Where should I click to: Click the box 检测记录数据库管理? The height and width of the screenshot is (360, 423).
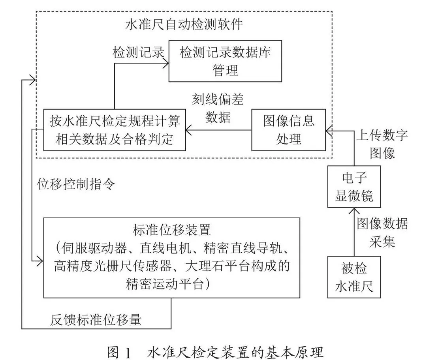click(x=225, y=61)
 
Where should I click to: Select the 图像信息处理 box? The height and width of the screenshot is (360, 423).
click(x=289, y=130)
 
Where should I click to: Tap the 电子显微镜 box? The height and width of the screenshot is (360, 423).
click(x=354, y=187)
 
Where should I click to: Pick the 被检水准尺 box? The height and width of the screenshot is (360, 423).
click(x=354, y=277)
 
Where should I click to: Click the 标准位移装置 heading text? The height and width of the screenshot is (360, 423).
click(x=171, y=230)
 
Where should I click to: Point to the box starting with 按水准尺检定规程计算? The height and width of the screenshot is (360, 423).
click(x=115, y=130)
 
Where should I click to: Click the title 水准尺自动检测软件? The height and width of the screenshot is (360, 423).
click(x=184, y=24)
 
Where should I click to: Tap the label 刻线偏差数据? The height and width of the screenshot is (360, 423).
click(x=218, y=109)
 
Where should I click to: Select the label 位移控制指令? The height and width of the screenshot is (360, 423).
click(x=76, y=184)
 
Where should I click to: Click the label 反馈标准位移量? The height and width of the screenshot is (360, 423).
click(x=96, y=320)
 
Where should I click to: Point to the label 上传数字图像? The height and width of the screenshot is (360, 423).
click(x=382, y=144)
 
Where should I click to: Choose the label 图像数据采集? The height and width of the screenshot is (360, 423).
click(x=382, y=232)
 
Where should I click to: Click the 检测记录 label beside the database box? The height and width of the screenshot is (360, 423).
click(x=138, y=52)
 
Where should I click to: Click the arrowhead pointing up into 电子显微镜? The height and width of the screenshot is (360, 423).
click(x=354, y=210)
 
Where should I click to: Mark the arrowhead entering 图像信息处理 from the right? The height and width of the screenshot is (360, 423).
click(x=329, y=131)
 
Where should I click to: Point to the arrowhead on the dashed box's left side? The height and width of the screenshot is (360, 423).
click(x=33, y=80)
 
